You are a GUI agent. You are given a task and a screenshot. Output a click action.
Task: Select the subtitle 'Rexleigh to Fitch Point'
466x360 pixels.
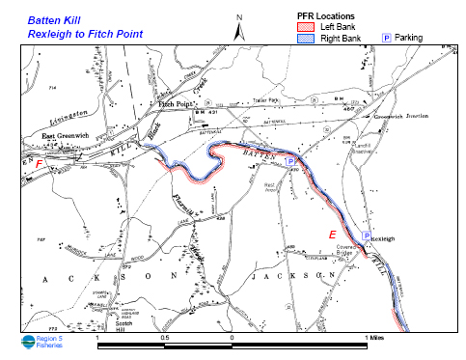tap(85, 34)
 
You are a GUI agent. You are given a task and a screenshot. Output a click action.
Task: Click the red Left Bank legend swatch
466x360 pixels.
tap(307, 28)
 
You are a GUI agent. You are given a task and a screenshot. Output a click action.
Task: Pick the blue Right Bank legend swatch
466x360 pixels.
tap(307, 40)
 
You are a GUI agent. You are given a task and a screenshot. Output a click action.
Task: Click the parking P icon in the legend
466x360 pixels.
tap(389, 38)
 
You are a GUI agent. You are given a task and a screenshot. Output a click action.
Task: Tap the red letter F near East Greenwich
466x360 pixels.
tap(38, 164)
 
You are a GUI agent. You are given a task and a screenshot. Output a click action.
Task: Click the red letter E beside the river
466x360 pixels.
tap(333, 235)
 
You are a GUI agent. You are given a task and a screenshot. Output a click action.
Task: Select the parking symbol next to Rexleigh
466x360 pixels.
tap(366, 235)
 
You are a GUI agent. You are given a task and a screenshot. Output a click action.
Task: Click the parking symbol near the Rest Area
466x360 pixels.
tap(289, 160)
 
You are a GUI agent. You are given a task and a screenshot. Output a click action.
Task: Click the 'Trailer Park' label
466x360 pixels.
tap(264, 99)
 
